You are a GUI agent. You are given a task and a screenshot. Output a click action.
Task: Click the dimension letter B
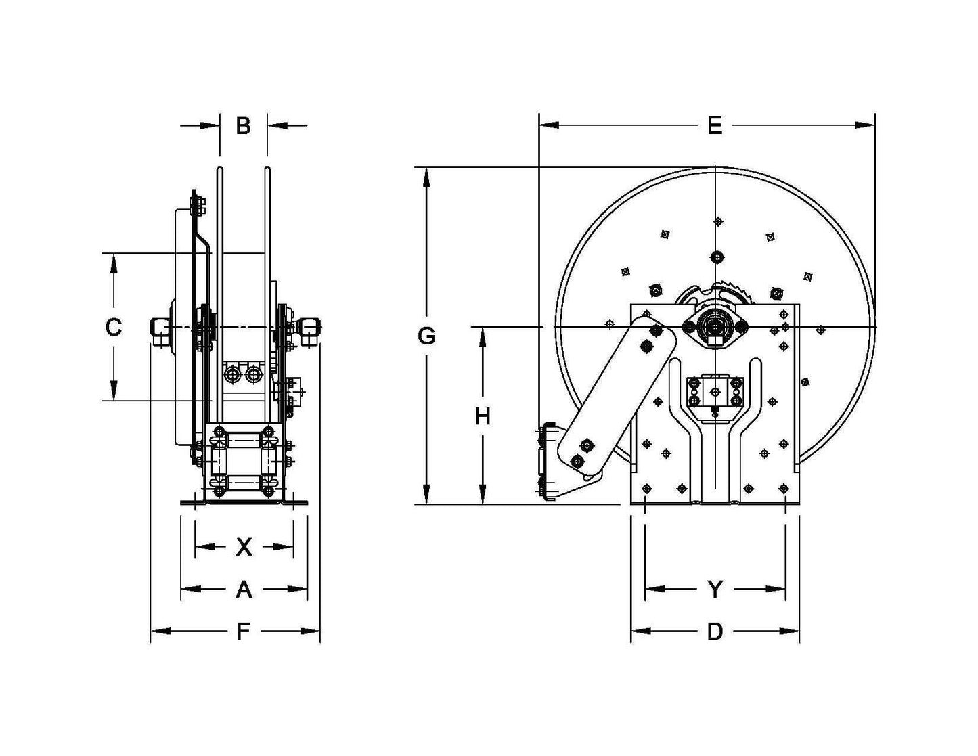pos(243,126)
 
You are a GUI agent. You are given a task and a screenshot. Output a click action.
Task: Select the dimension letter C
pos(113,328)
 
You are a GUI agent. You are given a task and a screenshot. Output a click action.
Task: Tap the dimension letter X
pos(244,547)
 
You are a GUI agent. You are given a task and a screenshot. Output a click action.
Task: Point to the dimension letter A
pos(244,590)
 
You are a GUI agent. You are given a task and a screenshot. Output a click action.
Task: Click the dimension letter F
pos(243,632)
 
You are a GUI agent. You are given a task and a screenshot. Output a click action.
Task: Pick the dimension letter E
pos(715,126)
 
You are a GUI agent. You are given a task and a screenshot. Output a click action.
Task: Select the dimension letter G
pos(426,336)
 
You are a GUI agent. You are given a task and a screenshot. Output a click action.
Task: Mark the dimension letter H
pos(482,417)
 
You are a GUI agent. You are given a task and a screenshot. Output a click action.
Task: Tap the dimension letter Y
pos(715,590)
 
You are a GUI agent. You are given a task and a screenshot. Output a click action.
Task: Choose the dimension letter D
pos(715,632)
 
